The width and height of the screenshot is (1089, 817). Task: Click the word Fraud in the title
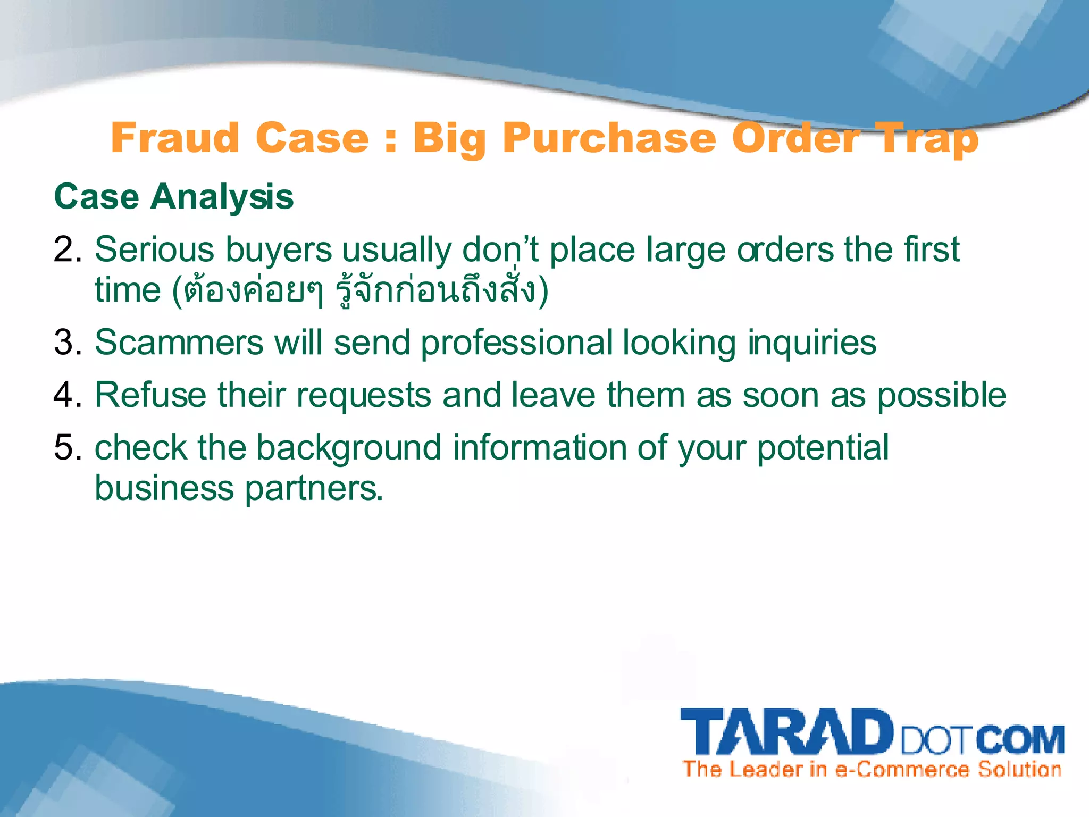pos(175,138)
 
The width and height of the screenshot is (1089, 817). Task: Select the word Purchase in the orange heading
pos(609,138)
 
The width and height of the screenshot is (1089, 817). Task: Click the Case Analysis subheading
pos(173,197)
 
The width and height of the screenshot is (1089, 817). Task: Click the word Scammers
pos(179,342)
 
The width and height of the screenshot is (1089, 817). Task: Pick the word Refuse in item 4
pos(150,395)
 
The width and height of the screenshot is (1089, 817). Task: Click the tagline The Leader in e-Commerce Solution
pos(872,769)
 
